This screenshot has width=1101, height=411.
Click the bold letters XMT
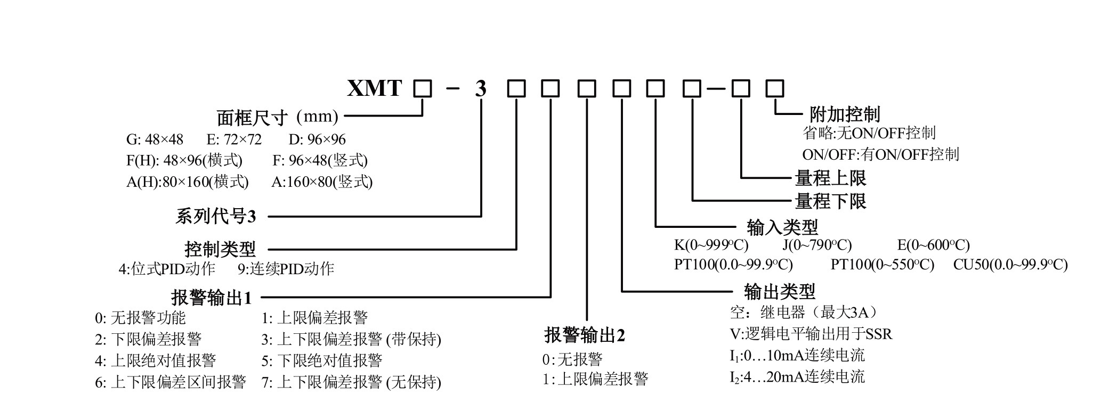[x=374, y=88]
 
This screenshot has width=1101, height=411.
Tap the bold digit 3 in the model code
[x=481, y=89]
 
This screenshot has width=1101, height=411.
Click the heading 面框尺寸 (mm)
[x=277, y=117]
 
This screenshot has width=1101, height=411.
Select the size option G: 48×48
[x=155, y=139]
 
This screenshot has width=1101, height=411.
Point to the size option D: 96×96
[x=317, y=139]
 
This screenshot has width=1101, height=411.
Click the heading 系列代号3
[x=216, y=217]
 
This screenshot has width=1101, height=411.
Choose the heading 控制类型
[x=220, y=249]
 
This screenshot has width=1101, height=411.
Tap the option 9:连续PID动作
[x=286, y=269]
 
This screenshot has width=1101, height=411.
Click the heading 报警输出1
[x=211, y=298]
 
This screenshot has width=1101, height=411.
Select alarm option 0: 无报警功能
[x=140, y=318]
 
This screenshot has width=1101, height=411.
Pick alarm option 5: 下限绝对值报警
[x=322, y=361]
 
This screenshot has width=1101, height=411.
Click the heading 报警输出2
[x=585, y=335]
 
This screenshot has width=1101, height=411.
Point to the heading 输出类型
[x=779, y=292]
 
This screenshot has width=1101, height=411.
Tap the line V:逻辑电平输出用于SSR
[x=811, y=334]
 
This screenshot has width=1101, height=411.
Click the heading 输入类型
[x=782, y=227]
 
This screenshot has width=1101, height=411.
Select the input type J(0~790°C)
[x=817, y=245]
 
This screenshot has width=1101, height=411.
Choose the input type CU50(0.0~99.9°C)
[x=1010, y=265]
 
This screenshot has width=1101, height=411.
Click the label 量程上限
[x=830, y=177]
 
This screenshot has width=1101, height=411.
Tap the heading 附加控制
[x=845, y=114]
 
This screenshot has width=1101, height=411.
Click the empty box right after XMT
[x=423, y=88]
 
